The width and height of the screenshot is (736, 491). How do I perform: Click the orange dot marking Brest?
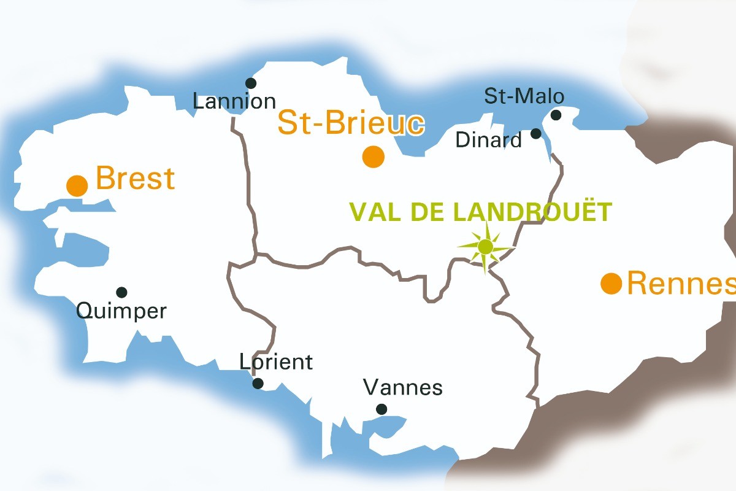77,185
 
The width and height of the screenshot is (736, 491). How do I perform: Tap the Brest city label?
136,179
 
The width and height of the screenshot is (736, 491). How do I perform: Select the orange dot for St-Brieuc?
373,157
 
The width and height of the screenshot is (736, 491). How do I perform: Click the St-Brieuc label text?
350,123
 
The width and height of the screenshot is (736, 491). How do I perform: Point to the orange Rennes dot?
611,284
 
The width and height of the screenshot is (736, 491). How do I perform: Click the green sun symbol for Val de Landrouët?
485,247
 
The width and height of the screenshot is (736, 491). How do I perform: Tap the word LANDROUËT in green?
532,212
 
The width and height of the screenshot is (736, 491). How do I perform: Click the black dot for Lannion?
250,83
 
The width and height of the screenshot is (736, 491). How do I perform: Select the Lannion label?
234,101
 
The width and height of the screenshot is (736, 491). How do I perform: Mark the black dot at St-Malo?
556,115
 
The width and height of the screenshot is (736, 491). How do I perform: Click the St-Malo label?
524,96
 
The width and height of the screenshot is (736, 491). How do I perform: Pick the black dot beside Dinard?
536,133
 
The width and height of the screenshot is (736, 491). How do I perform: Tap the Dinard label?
488,141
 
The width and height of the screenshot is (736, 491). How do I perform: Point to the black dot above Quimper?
121,292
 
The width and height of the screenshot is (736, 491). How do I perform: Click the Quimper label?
121,311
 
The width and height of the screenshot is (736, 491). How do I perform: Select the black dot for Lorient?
258,384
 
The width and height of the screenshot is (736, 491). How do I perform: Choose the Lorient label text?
276,362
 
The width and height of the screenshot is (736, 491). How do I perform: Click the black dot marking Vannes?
381,409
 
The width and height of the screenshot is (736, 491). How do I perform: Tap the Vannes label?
402,388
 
